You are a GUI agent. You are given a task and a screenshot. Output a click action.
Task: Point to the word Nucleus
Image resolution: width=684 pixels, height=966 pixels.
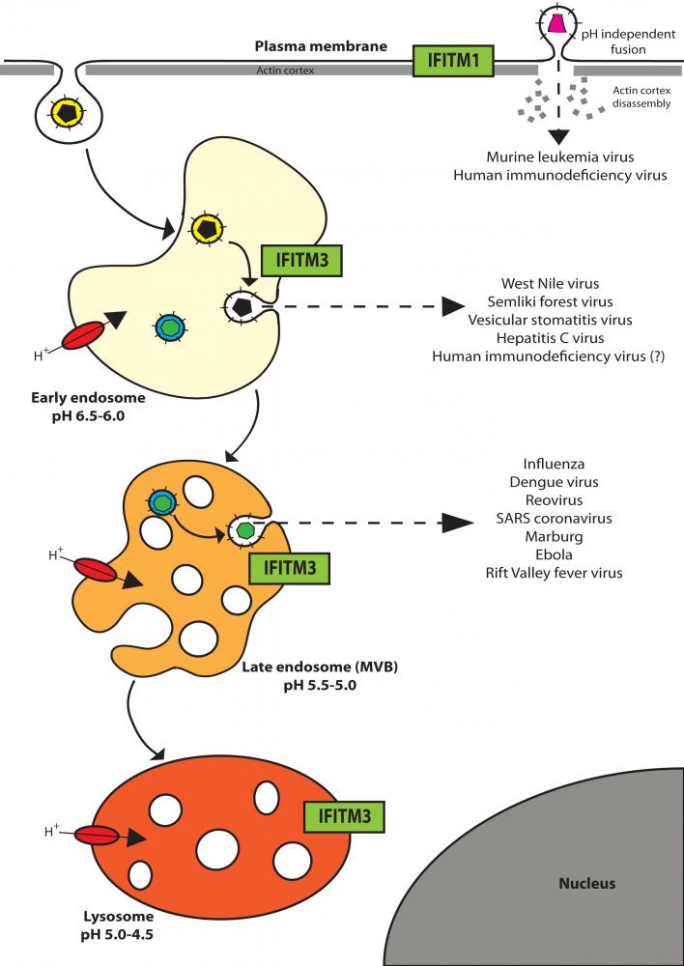(x=586, y=883)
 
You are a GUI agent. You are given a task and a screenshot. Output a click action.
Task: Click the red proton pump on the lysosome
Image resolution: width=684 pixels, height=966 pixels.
(x=96, y=837)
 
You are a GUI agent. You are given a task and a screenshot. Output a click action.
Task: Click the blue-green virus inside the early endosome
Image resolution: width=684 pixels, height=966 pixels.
(x=170, y=328)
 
